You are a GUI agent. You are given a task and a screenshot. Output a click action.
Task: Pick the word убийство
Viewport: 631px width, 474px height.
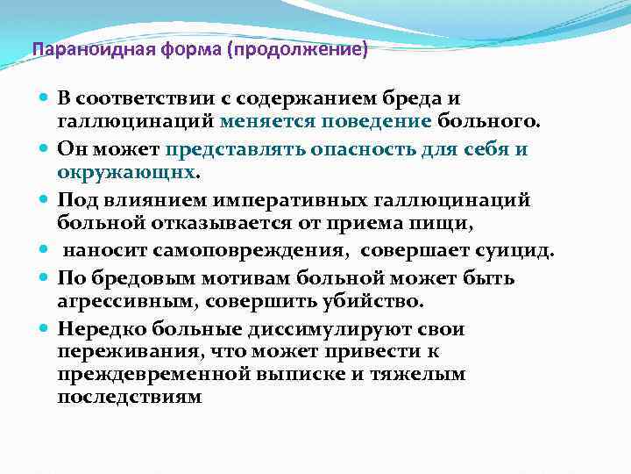pyautogui.click(x=373, y=301)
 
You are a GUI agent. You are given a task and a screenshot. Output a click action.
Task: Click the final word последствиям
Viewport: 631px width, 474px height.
pyautogui.click(x=129, y=397)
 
